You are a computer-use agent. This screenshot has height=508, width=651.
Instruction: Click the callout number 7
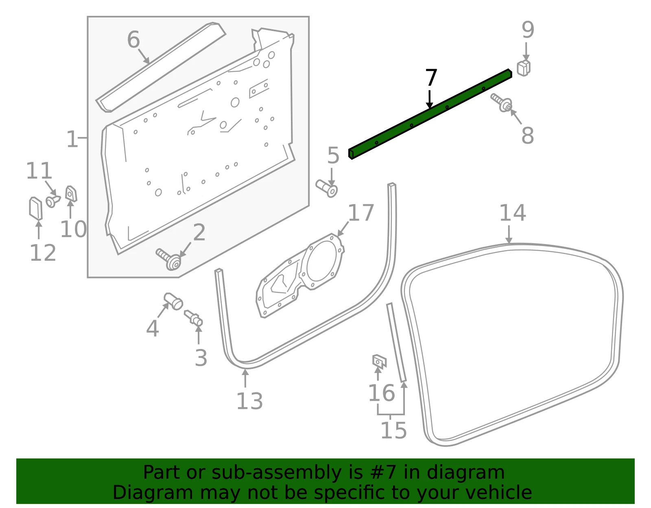[431, 78]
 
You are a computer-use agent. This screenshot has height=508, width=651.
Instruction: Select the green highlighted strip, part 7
[430, 114]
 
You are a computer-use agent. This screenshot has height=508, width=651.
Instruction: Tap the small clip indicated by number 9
[524, 68]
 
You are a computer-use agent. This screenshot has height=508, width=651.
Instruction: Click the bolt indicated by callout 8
[502, 103]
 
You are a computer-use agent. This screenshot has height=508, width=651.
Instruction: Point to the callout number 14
[513, 213]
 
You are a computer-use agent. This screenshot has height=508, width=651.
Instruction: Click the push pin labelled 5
[327, 188]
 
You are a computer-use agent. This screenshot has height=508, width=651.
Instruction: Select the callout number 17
[361, 213]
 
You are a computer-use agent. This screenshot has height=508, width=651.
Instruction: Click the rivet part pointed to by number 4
[173, 301]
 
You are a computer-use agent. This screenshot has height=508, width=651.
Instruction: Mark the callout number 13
[249, 401]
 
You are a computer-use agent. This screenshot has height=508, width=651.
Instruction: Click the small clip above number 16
[379, 361]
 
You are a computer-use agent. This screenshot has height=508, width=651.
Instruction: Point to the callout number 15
[393, 430]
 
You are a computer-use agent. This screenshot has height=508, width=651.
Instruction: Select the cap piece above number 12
[36, 208]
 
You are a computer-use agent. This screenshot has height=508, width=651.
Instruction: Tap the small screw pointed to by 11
[53, 201]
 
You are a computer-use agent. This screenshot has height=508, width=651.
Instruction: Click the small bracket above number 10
[71, 194]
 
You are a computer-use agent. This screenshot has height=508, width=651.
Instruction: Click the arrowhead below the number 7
[429, 105]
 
